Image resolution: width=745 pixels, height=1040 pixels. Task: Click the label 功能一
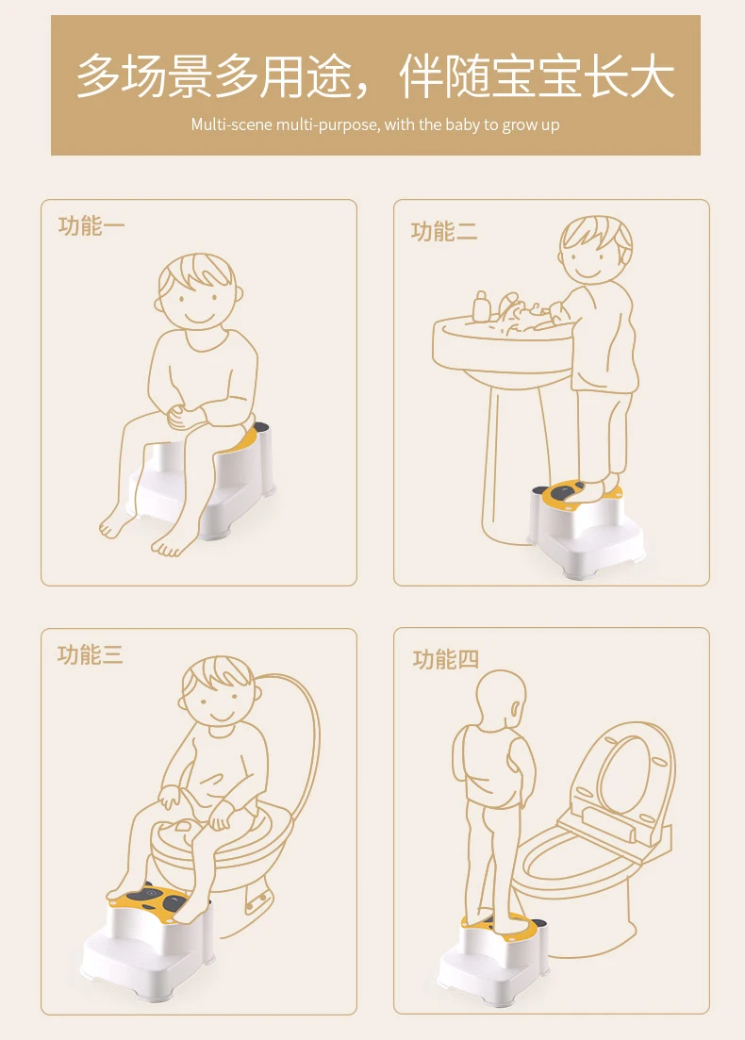tap(91, 226)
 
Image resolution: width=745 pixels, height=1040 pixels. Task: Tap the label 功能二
tap(444, 232)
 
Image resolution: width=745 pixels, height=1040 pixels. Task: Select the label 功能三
tap(91, 654)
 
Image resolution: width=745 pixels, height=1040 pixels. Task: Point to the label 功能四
tap(445, 659)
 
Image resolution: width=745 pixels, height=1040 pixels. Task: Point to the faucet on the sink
tap(509, 306)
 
